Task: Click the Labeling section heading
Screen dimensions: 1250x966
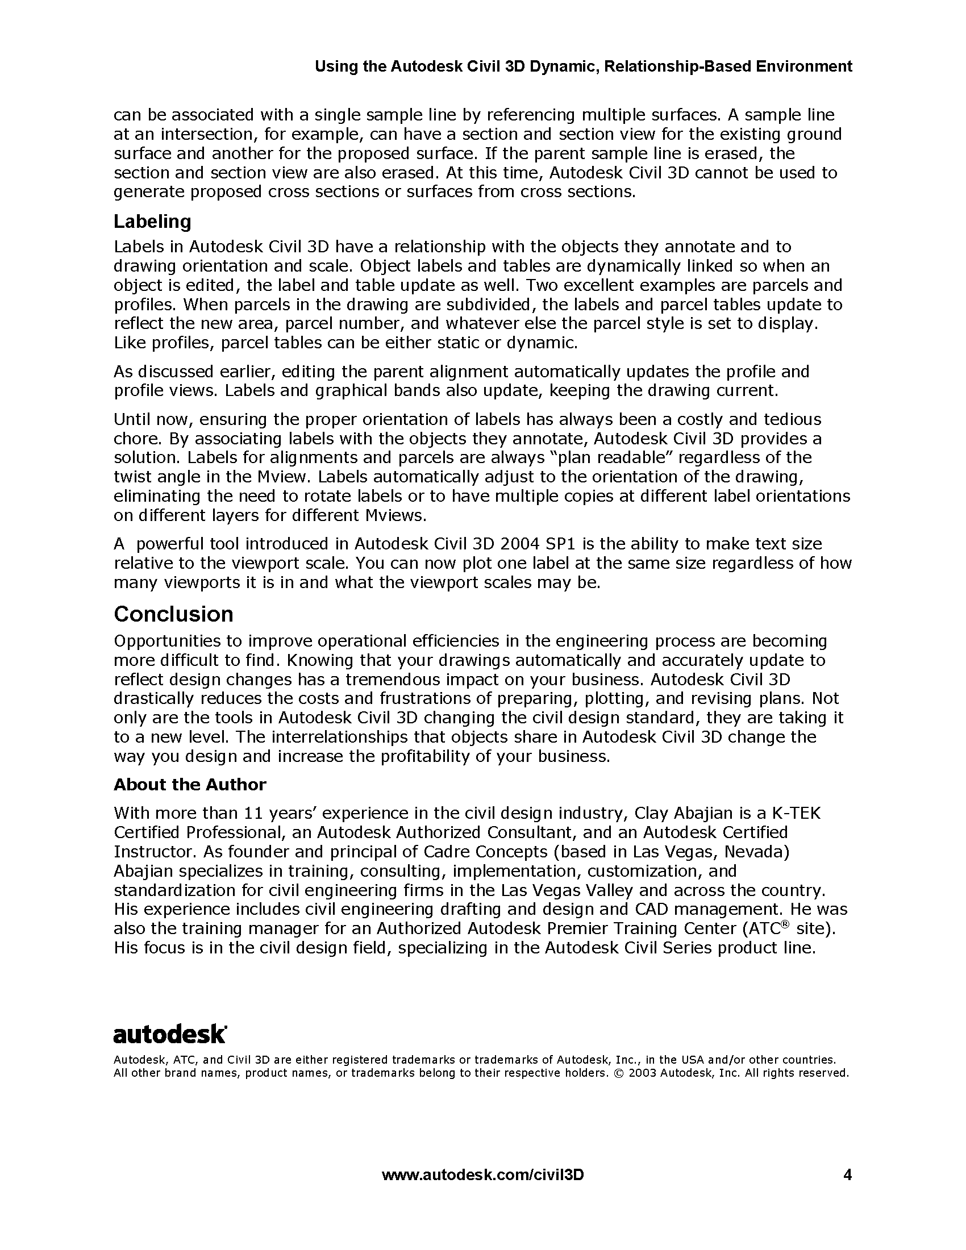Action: pyautogui.click(x=152, y=222)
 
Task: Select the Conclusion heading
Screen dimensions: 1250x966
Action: pyautogui.click(x=173, y=614)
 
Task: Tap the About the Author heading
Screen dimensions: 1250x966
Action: pyautogui.click(x=190, y=785)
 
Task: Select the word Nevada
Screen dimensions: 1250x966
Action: pyautogui.click(x=756, y=852)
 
